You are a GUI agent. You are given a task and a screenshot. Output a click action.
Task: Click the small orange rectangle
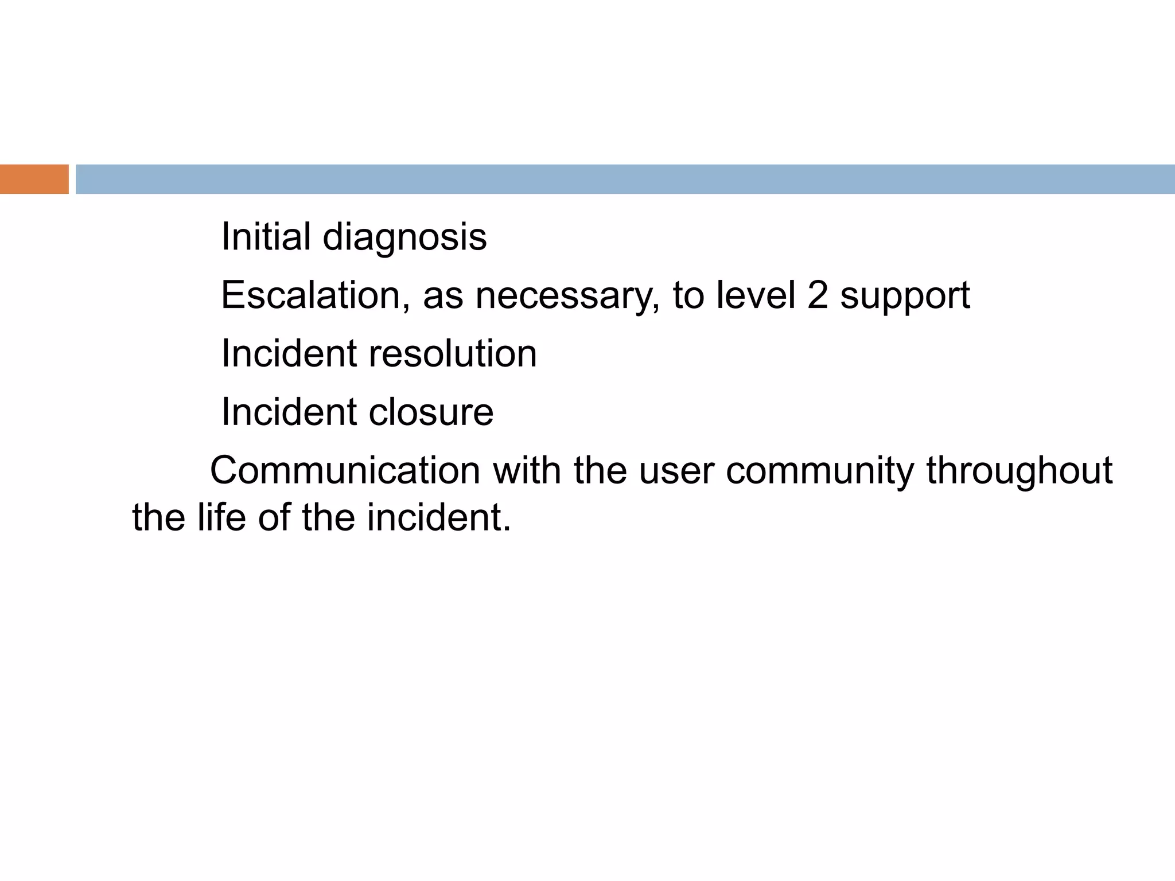click(34, 179)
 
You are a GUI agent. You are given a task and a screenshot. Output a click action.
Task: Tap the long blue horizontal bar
click(625, 179)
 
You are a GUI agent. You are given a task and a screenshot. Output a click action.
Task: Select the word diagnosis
click(404, 237)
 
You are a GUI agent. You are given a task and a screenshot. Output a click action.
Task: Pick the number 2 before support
click(818, 295)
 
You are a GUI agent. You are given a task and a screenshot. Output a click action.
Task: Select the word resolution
click(453, 353)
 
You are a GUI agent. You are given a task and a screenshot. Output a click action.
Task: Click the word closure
click(431, 412)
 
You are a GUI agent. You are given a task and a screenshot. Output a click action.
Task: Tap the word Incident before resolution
click(289, 353)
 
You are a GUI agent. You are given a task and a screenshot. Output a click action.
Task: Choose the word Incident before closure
click(289, 412)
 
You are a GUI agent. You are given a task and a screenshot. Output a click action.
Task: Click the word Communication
click(345, 470)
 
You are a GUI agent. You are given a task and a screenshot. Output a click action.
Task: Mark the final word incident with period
click(439, 517)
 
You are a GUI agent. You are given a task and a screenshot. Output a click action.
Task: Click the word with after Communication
click(527, 470)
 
